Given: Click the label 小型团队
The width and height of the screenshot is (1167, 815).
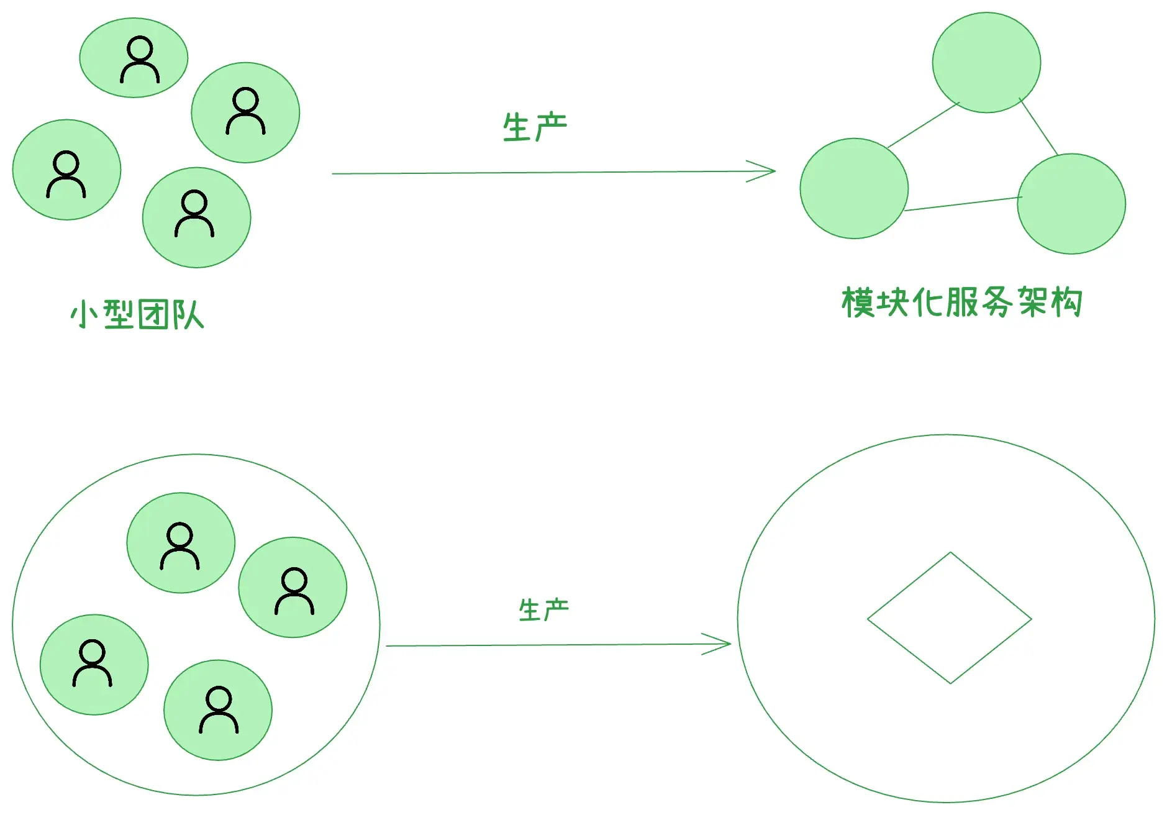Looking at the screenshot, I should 137,314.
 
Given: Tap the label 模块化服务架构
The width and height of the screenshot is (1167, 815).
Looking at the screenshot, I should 961,303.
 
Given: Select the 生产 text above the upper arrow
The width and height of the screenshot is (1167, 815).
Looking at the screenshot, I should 535,127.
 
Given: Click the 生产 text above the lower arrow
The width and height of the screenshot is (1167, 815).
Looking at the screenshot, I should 543,609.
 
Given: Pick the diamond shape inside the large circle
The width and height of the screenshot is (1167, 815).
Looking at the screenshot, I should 949,618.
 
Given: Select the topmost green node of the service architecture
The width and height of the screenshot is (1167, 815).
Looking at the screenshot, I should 986,63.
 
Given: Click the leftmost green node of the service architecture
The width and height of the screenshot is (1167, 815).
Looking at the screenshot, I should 854,188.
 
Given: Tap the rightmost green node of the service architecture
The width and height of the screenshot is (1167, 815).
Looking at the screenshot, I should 1071,204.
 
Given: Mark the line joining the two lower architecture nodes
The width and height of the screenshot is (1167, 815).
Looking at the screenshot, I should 963,204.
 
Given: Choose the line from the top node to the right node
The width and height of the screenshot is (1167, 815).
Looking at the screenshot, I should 1038,127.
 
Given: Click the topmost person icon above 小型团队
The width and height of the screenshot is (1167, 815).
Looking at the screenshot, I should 140,60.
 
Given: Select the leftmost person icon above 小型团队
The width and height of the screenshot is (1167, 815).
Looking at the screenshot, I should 66,174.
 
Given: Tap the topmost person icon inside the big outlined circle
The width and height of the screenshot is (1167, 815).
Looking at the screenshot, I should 180,546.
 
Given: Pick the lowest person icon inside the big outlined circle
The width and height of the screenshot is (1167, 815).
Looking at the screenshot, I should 219,710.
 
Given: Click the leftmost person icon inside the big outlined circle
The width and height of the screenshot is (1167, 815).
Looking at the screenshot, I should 93,663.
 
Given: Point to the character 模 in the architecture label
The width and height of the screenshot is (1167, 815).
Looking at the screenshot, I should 858,303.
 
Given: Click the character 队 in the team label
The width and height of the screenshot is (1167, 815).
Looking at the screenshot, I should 188,314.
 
